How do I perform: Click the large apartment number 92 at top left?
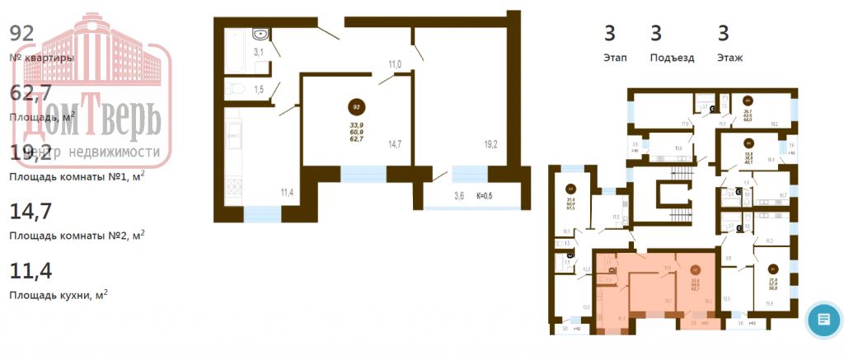[21, 33]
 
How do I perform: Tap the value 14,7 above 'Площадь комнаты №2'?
[30, 211]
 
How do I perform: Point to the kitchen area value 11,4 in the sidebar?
[30, 270]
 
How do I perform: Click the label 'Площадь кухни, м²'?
[58, 294]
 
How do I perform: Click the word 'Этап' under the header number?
[614, 58]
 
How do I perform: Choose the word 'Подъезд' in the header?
[672, 58]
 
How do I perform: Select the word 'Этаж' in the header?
[729, 58]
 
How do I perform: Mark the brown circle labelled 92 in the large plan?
[357, 107]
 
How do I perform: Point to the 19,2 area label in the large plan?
[490, 144]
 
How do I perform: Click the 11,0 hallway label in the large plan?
[395, 64]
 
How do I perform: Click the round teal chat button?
[823, 319]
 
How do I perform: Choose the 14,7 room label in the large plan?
[395, 144]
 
